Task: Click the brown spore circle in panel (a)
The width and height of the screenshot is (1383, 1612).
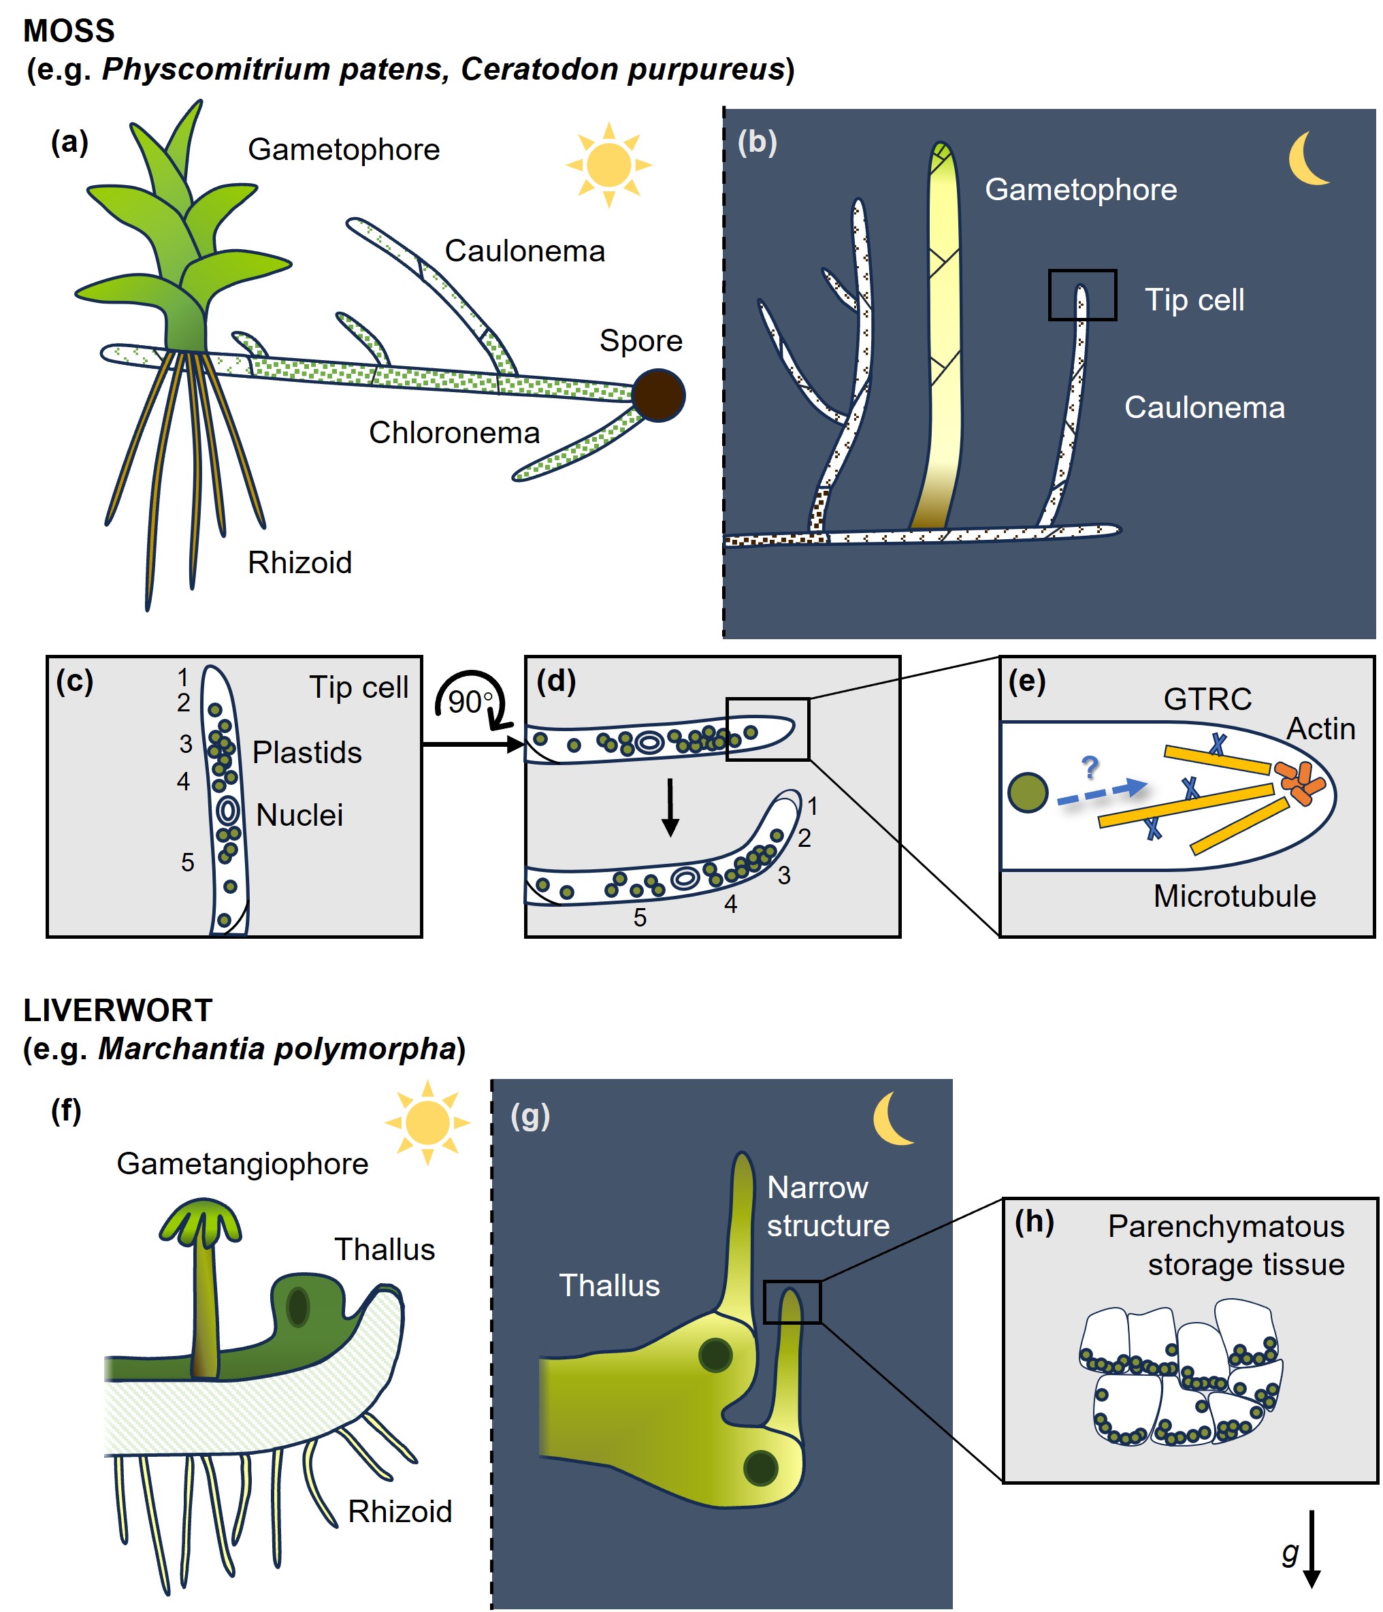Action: (658, 396)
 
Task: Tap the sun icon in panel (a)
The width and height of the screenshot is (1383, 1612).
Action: (608, 165)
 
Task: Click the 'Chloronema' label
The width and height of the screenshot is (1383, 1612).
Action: (454, 432)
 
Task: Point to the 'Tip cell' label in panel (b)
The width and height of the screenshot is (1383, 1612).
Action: (1194, 300)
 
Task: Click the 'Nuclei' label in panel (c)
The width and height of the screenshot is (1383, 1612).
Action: (299, 816)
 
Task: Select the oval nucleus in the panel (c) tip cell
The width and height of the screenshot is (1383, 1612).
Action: (228, 811)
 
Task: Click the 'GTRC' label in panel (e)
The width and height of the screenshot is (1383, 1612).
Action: (1207, 699)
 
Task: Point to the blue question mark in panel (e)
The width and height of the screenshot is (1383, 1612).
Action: (1090, 767)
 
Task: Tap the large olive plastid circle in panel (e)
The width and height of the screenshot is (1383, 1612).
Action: (1028, 793)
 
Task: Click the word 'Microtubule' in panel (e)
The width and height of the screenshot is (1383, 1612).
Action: (1235, 897)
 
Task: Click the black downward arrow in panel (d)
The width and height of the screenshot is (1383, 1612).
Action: (670, 807)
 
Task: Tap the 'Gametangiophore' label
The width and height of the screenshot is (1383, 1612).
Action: (243, 1164)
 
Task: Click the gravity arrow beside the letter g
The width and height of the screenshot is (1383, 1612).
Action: (1312, 1549)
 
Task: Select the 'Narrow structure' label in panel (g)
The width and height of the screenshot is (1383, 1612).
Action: (828, 1207)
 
